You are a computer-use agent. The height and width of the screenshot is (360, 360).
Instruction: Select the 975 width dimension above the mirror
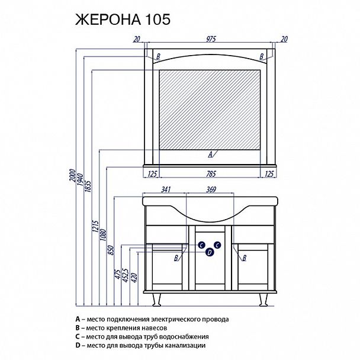pyautogui.click(x=210, y=39)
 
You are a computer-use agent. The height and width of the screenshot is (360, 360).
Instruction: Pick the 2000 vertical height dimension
pyautogui.click(x=72, y=178)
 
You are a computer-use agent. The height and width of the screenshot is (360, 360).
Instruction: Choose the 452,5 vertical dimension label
pyautogui.click(x=127, y=274)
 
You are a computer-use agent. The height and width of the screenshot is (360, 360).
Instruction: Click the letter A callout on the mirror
pyautogui.click(x=210, y=154)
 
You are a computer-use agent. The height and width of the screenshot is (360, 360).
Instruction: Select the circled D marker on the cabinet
pyautogui.click(x=209, y=252)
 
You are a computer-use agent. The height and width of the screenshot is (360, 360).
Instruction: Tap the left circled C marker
pyautogui.click(x=201, y=244)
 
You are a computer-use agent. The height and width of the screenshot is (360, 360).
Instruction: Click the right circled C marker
pyautogui.click(x=217, y=244)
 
